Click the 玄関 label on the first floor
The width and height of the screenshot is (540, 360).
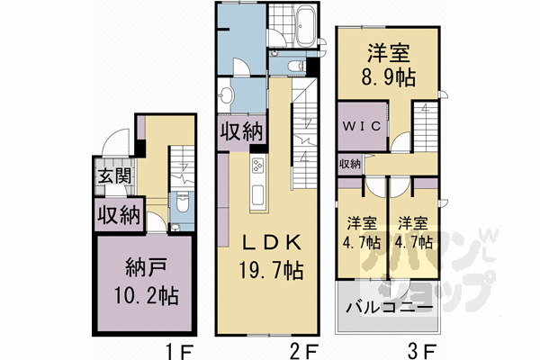pyautogui.click(x=111, y=175)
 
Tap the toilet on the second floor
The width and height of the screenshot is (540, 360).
pyautogui.click(x=295, y=65)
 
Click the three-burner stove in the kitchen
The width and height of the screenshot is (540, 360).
pyautogui.click(x=257, y=167)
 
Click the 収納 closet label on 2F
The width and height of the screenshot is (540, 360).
pyautogui.click(x=241, y=131)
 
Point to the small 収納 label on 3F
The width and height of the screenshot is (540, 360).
pyautogui.click(x=350, y=164)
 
